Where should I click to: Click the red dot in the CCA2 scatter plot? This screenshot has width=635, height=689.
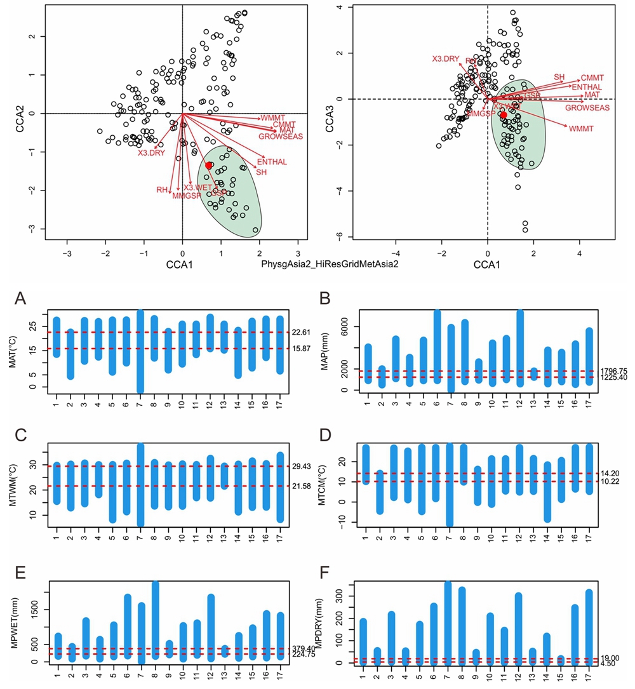208,165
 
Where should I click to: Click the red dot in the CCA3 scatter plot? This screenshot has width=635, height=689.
504,115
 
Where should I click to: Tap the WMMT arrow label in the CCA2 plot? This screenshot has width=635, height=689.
274,118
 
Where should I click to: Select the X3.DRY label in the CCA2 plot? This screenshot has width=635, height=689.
151,152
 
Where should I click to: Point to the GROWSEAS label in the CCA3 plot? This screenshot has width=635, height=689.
587,108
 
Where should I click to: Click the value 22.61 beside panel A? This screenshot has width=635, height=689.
301,331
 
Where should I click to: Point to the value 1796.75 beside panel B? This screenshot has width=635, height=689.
613,371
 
